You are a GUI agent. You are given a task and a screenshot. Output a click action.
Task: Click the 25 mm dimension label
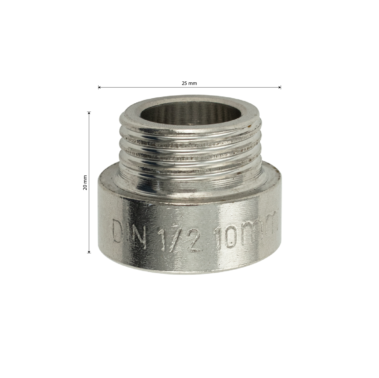(189, 83)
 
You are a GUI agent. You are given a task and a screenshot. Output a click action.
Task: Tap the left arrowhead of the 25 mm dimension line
(99, 87)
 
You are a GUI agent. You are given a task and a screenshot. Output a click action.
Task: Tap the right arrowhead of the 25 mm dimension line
(280, 87)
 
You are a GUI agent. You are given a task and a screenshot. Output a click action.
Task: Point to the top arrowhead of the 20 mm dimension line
(89, 113)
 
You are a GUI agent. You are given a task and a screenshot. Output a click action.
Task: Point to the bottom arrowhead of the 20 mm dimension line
(89, 251)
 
